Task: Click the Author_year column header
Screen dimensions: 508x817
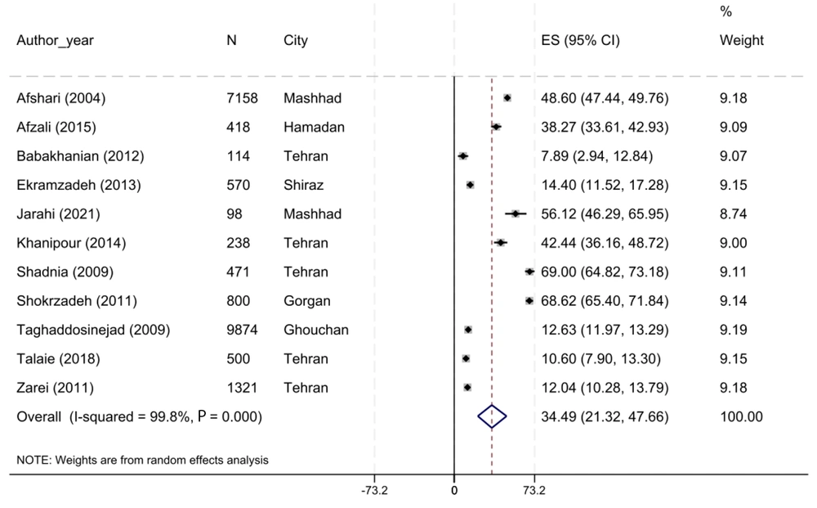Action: coord(55,41)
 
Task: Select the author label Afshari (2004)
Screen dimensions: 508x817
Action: coord(60,99)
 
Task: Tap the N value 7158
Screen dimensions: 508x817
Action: coord(242,99)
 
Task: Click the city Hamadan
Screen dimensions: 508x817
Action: coord(314,128)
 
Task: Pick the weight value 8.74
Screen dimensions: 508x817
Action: coord(733,214)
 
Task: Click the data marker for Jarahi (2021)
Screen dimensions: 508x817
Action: coord(516,214)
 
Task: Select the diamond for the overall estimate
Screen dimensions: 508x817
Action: coord(492,417)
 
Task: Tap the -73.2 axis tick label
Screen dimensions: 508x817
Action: coord(374,492)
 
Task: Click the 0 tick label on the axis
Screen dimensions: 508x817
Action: coord(454,492)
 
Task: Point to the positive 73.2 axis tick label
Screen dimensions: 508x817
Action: coord(534,492)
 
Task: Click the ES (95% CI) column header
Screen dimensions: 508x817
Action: coord(580,41)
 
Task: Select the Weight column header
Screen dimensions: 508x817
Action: coord(741,41)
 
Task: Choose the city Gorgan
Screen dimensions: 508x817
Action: coord(307,301)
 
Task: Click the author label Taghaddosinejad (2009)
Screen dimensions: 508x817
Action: coord(93,330)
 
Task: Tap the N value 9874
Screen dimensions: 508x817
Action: coord(242,330)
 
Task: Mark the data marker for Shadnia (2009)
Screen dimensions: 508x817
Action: coord(529,272)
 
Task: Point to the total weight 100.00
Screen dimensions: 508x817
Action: coord(740,417)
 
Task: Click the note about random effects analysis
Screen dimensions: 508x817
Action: coord(142,461)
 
